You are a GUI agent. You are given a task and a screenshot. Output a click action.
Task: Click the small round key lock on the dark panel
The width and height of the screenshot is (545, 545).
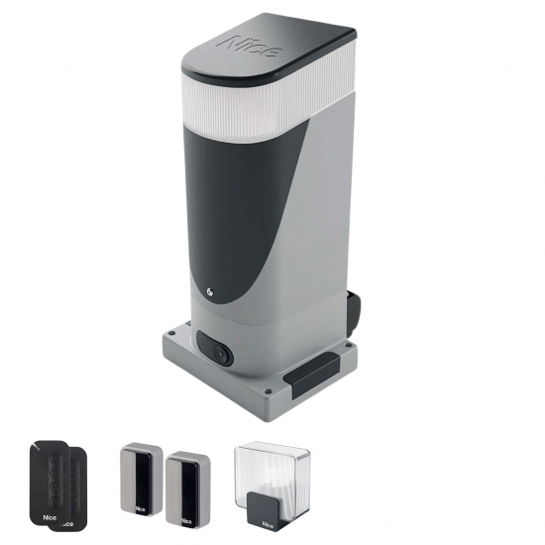(210, 292)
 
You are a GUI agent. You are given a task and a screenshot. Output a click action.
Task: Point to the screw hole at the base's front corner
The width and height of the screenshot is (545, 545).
(267, 391)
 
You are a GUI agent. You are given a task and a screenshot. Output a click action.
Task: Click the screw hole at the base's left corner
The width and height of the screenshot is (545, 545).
(170, 333)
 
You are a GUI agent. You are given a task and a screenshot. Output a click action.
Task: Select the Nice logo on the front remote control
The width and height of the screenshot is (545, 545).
(49, 517)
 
